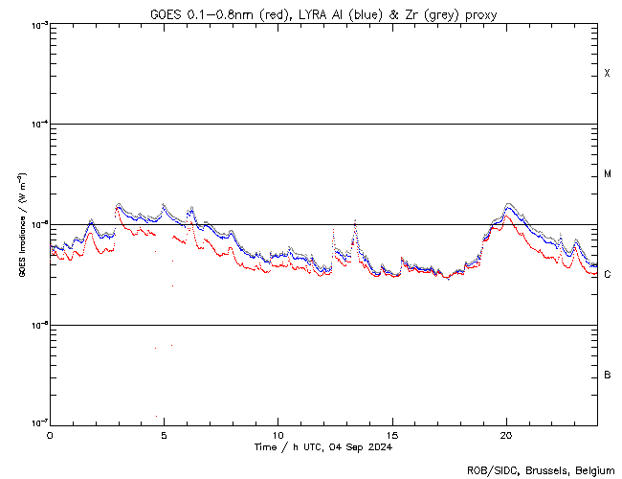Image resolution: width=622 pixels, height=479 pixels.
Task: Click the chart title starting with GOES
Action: tap(322, 12)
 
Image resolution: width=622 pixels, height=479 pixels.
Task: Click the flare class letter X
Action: tap(607, 74)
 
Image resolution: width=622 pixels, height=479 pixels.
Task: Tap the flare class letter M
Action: tap(607, 174)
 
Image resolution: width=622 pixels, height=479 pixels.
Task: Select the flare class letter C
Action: tap(607, 275)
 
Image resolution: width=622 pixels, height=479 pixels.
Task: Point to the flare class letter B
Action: tap(607, 375)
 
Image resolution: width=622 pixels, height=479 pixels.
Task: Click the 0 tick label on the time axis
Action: tap(50, 434)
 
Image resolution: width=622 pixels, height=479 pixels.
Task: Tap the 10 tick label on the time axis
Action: tap(278, 434)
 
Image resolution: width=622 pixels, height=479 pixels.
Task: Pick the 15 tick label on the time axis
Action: tap(392, 434)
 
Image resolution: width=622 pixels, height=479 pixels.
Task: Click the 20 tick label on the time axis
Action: tap(506, 434)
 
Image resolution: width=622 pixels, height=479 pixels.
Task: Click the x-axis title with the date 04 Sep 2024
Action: tap(322, 446)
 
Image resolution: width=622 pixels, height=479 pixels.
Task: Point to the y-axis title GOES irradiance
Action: tap(20, 225)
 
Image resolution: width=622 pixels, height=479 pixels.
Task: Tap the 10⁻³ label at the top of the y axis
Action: tap(38, 25)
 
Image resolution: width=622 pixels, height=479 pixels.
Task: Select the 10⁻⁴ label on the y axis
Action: tap(38, 125)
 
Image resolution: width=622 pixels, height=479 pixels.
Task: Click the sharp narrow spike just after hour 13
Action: tap(355, 221)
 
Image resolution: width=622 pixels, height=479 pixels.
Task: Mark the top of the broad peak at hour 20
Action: tap(508, 204)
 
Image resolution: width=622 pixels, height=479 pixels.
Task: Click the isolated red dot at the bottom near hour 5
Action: tap(156, 416)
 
